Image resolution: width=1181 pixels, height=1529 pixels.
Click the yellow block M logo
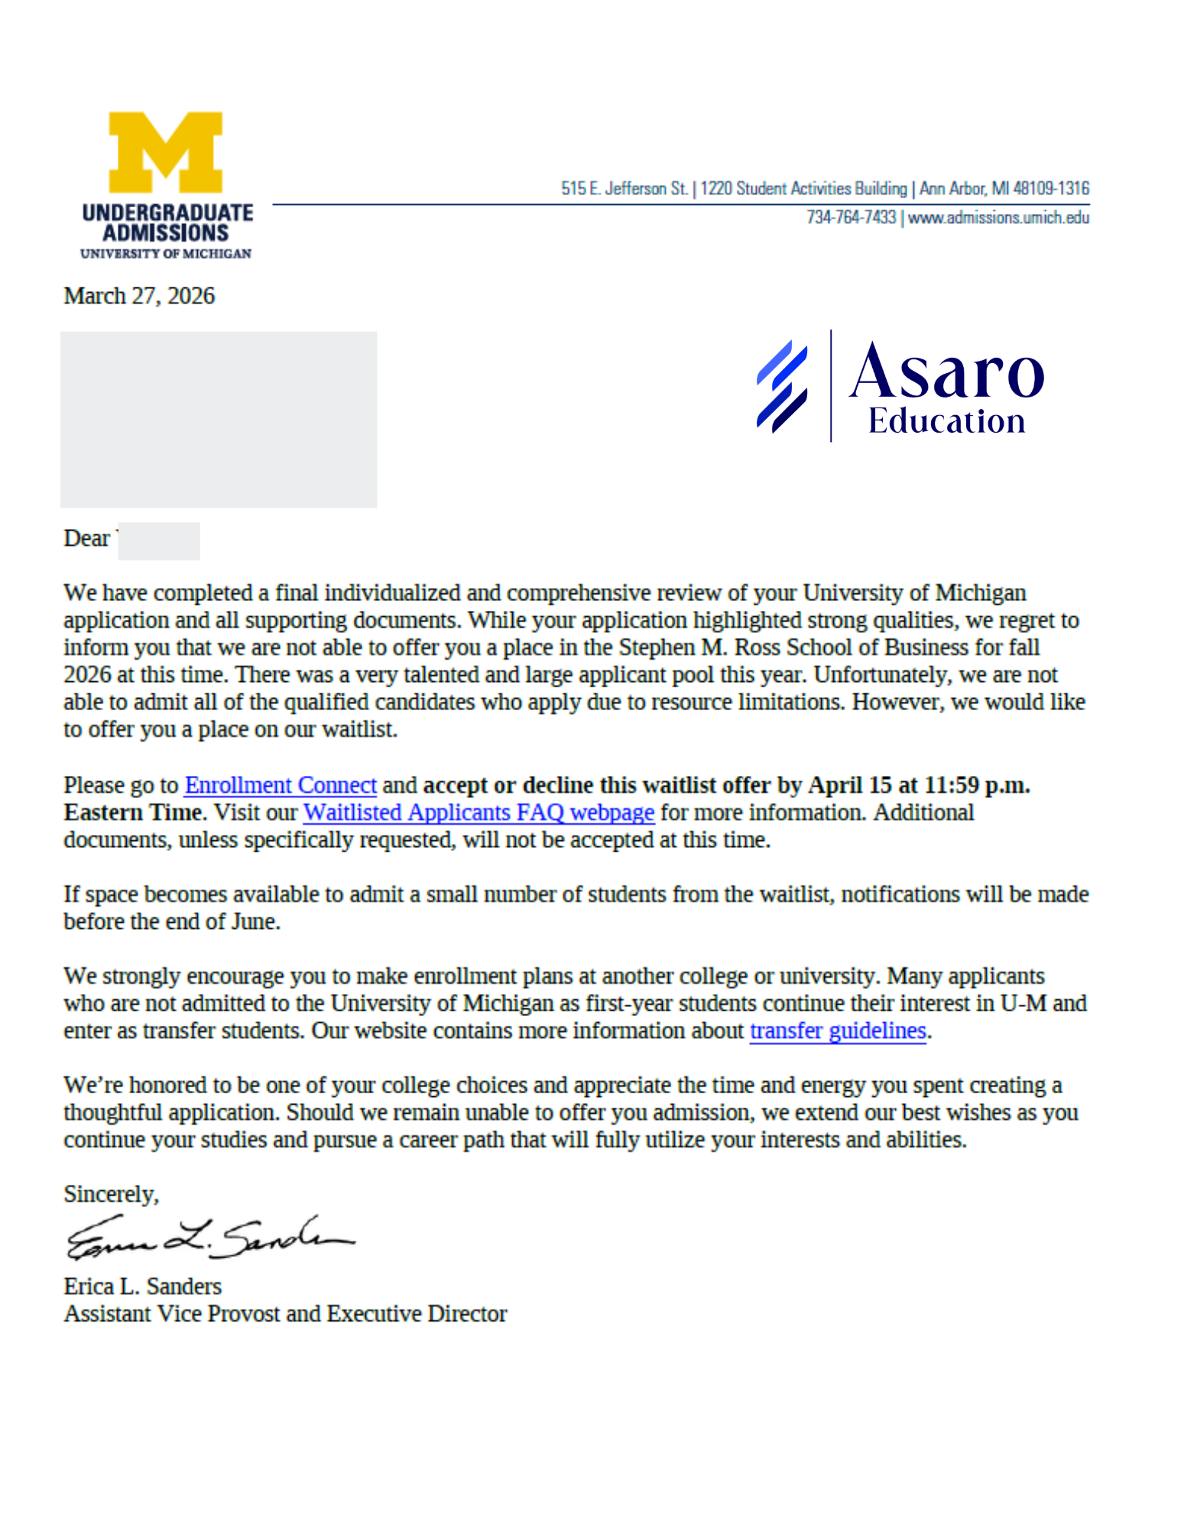[x=165, y=152]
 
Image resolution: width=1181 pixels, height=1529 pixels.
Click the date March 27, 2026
[x=139, y=296]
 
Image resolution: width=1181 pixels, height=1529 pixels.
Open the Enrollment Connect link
[x=280, y=785]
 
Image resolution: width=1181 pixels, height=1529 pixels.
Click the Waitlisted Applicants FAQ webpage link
[x=479, y=812]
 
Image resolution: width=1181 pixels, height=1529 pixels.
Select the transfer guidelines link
[x=837, y=1031]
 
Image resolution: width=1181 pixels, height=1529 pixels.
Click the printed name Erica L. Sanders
[x=142, y=1286]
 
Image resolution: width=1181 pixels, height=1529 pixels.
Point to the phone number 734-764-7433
[x=851, y=218]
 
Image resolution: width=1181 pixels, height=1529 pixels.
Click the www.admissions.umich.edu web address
[x=998, y=218]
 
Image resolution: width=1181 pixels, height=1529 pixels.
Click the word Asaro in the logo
[x=946, y=372]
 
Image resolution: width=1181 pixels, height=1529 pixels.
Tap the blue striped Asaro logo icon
[x=781, y=386]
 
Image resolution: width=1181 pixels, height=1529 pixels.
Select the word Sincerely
[x=110, y=1194]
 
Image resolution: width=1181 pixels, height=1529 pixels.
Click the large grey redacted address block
[x=218, y=419]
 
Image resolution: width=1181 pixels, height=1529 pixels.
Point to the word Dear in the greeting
[x=86, y=538]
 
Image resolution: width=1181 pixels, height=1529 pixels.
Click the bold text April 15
[x=849, y=785]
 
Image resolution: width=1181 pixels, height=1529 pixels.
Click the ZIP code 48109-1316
[x=1051, y=188]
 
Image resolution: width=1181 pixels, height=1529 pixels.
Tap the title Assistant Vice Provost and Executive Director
[x=285, y=1313]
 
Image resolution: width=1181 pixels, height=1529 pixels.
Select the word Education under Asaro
[x=946, y=421]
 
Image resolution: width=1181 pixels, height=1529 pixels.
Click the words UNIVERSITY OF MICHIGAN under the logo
[x=166, y=254]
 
